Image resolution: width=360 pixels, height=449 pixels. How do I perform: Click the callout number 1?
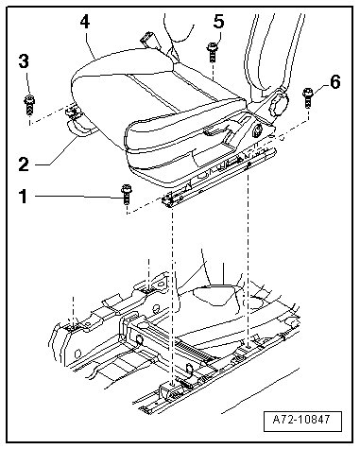pyautogui.click(x=23, y=196)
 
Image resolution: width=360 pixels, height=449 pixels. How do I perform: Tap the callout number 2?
pyautogui.click(x=24, y=164)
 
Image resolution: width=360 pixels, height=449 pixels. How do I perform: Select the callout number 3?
pyautogui.click(x=24, y=61)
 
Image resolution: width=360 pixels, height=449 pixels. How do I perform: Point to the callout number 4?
pyautogui.click(x=84, y=23)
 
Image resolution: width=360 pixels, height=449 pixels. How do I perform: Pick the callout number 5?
pyautogui.click(x=218, y=22)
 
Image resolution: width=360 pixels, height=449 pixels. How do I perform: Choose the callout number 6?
pyautogui.click(x=334, y=82)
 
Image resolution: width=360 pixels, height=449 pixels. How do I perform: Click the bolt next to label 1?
pyautogui.click(x=126, y=195)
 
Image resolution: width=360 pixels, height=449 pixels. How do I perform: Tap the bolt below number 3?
pyautogui.click(x=29, y=105)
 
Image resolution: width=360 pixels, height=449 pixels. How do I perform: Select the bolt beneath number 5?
pyautogui.click(x=212, y=52)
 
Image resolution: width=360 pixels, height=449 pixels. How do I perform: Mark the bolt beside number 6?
pyautogui.click(x=307, y=97)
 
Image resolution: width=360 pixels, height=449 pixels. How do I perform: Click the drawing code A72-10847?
pyautogui.click(x=302, y=420)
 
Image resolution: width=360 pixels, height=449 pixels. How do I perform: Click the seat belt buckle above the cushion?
pyautogui.click(x=149, y=40)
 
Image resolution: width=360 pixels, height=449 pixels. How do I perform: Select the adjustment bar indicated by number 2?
pyautogui.click(x=80, y=130)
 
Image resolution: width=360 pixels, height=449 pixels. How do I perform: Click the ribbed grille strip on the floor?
pyautogui.click(x=192, y=351)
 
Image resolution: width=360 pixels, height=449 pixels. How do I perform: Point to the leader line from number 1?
pyautogui.click(x=78, y=197)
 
